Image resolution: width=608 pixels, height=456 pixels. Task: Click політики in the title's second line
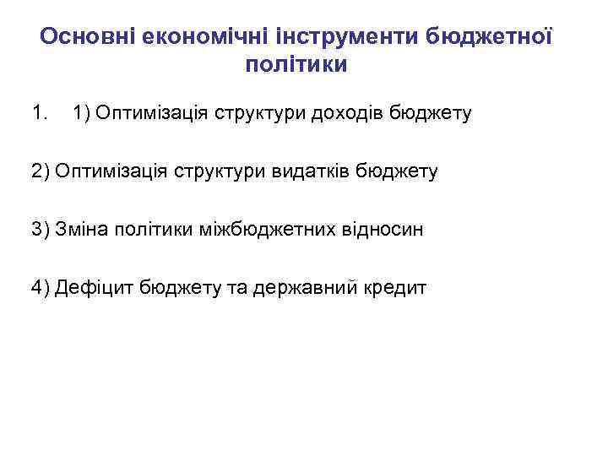click(x=296, y=65)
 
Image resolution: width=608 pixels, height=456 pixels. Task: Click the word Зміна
click(x=82, y=230)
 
